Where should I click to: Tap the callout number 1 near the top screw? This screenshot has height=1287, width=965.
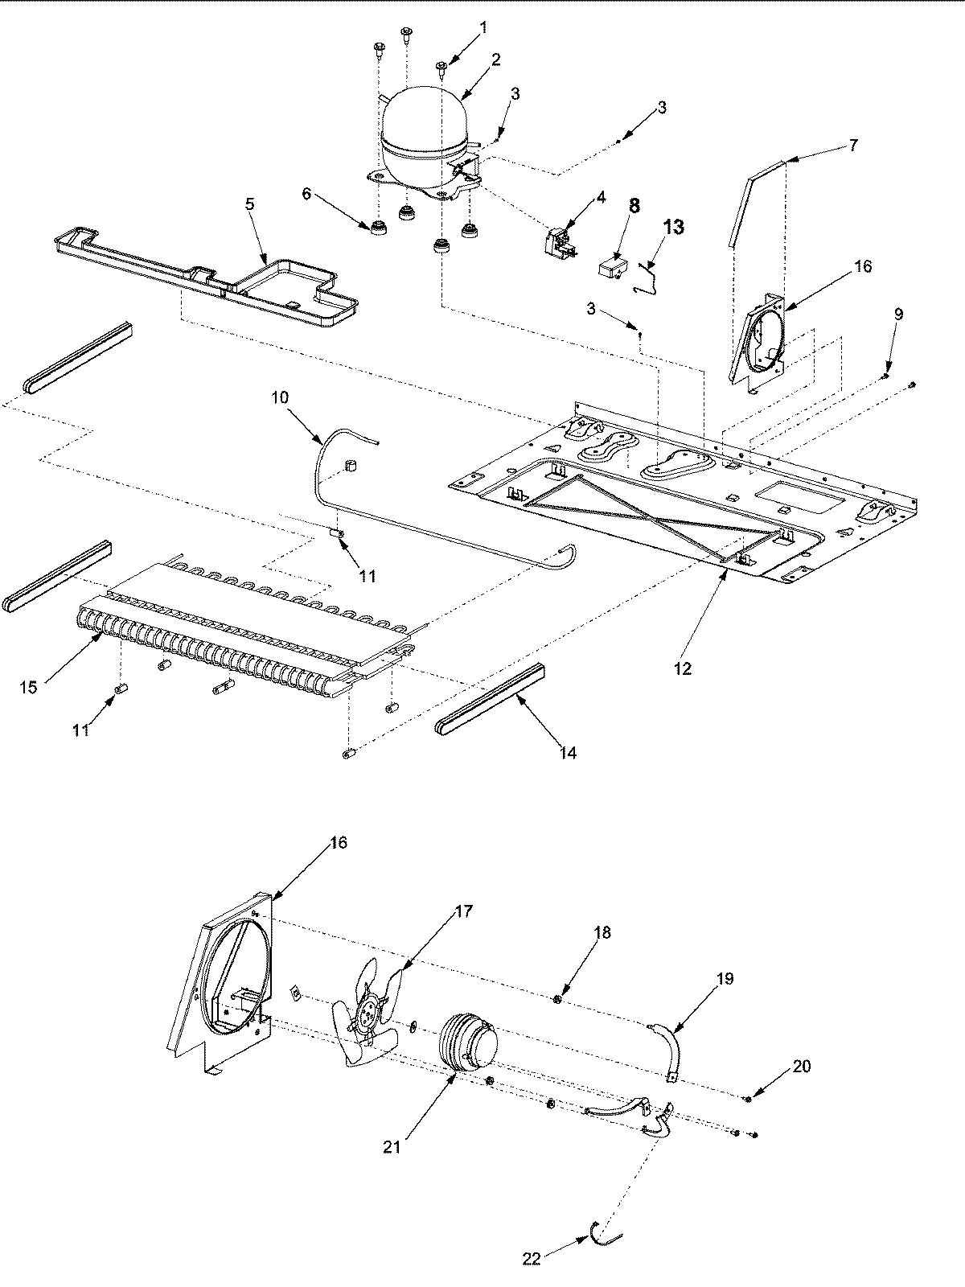483,27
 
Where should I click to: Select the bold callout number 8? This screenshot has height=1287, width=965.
634,206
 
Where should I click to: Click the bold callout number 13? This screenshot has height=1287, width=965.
673,228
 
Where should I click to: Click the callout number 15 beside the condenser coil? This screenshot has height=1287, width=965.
29,688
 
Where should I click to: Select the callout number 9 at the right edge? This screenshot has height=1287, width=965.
898,314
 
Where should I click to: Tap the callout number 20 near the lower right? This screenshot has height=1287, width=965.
801,1067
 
